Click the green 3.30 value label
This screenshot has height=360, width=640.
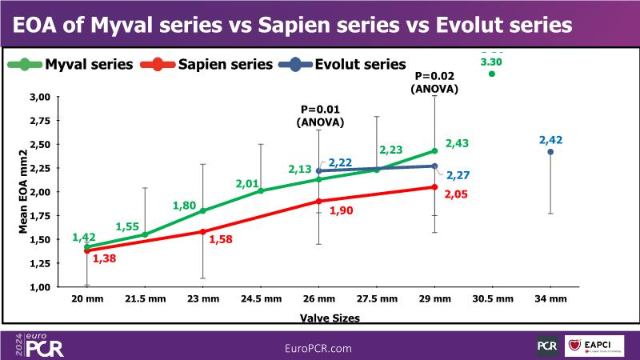click(491, 61)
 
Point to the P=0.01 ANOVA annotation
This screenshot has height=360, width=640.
click(320, 116)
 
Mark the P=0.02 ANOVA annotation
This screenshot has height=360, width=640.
click(434, 83)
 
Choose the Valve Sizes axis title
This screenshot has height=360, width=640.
click(330, 317)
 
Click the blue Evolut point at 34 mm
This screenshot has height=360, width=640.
click(550, 152)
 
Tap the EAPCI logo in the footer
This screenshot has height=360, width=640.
click(598, 345)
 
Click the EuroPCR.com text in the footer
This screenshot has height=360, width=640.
click(319, 348)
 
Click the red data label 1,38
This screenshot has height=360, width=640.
click(105, 258)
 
